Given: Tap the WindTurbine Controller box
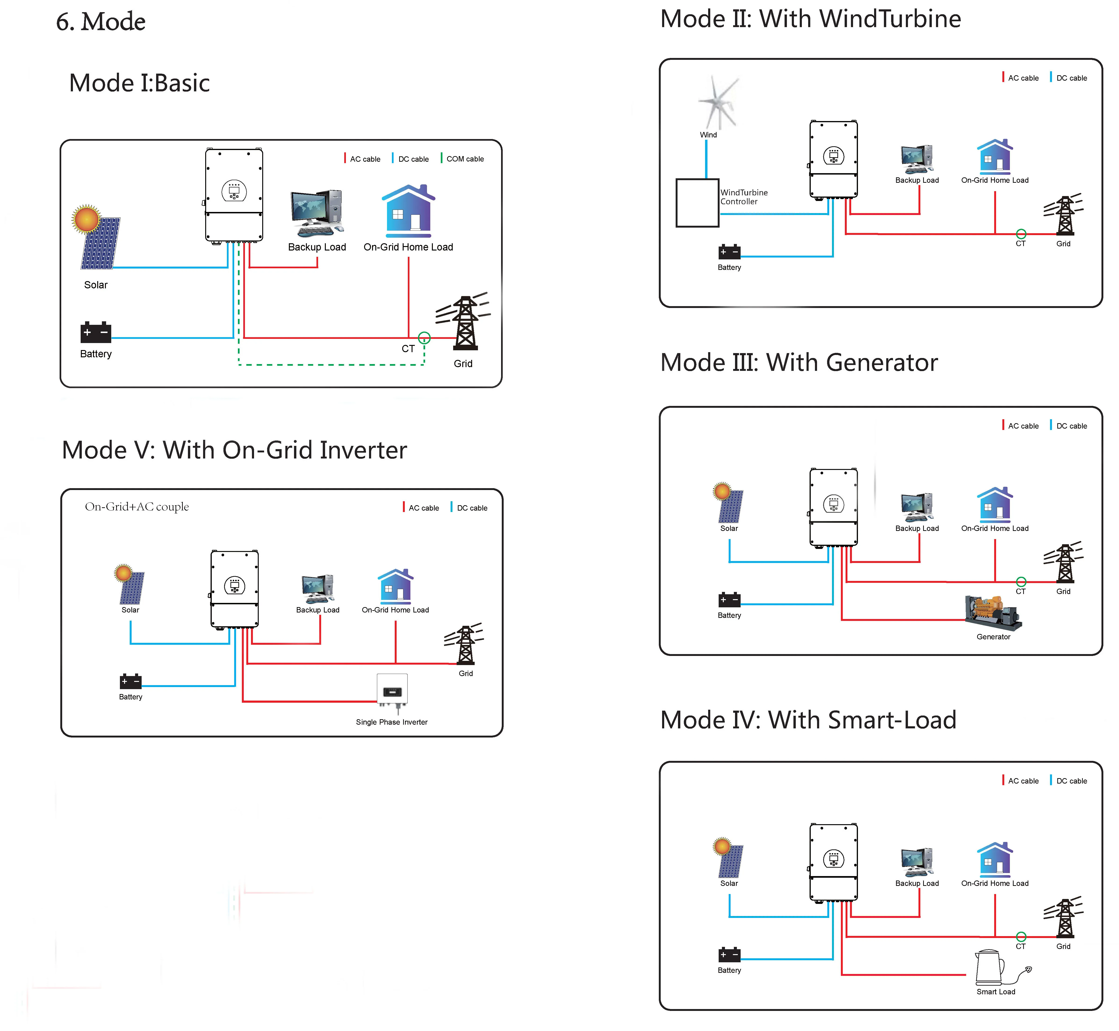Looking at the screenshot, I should pos(697,203).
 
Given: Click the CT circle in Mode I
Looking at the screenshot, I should pos(424,337).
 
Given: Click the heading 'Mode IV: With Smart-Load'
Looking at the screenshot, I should pos(808,720).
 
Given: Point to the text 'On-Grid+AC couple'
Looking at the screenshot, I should pos(137,507).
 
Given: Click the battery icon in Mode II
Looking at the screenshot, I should pos(729,252).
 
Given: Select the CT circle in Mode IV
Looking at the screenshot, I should pos(1021,937).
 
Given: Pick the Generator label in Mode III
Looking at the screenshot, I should pos(993,637).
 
